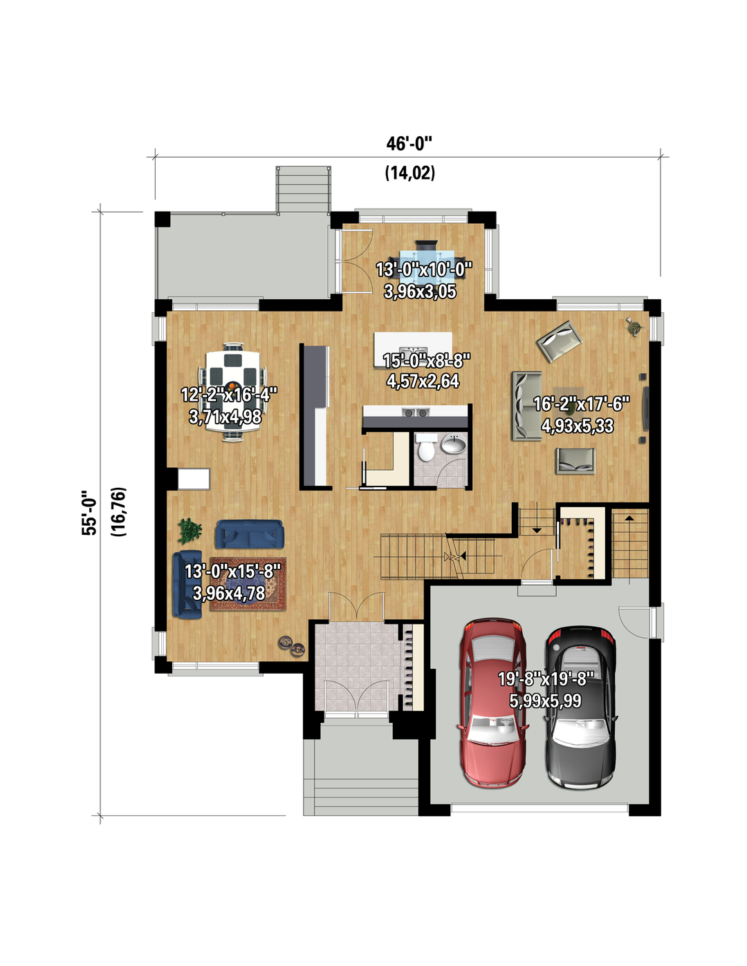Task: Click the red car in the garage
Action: click(493, 702)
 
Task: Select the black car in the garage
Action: click(582, 707)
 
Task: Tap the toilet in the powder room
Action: click(425, 448)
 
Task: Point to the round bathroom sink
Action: click(454, 443)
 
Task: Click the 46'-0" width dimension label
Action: click(409, 144)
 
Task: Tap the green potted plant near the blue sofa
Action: click(190, 531)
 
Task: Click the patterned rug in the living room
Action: click(248, 584)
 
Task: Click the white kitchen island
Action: click(413, 350)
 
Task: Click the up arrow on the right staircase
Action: click(629, 518)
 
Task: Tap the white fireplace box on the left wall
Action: click(194, 479)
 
